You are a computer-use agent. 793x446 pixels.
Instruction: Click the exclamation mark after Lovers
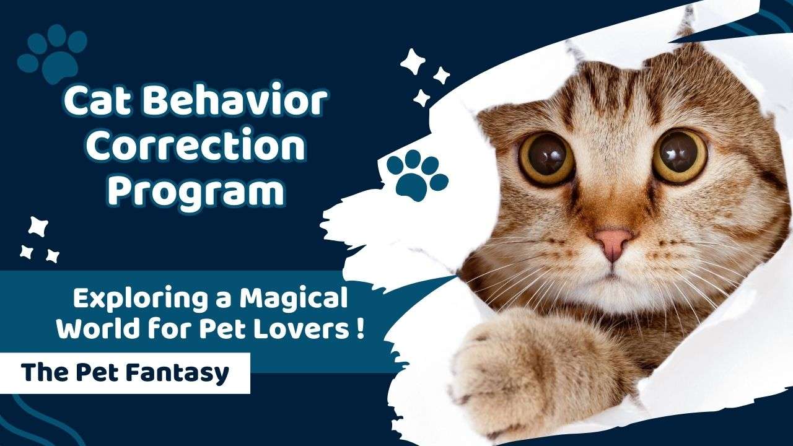tap(359, 328)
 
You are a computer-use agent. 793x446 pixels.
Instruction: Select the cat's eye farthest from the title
tap(680, 156)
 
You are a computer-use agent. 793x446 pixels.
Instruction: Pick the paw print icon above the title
tap(53, 53)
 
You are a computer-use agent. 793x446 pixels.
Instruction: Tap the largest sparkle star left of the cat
tap(413, 61)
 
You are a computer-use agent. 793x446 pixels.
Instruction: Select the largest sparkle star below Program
tap(38, 227)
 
